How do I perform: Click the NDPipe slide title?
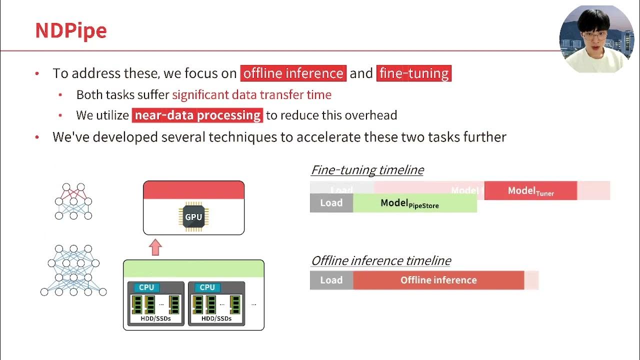tap(70, 30)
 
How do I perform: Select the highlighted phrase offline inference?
tap(293, 73)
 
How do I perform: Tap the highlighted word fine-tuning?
tap(413, 73)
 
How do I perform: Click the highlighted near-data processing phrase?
tap(197, 115)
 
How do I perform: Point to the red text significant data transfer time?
tap(251, 95)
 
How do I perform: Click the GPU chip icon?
tap(193, 217)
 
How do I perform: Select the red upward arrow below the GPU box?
tap(155, 247)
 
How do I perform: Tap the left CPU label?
tap(146, 287)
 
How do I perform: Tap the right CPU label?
tap(207, 287)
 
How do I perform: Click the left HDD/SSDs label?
tap(155, 318)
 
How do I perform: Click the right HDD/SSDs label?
tap(216, 318)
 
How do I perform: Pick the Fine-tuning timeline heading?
tap(367, 170)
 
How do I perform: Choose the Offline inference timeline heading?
tap(380, 261)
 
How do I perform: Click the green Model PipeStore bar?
tap(414, 203)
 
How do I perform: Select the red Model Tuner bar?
tap(530, 191)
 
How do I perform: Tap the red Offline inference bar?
tap(438, 280)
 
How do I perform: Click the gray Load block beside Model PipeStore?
tap(331, 203)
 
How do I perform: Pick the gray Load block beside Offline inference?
tap(331, 280)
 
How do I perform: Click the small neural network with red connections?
tap(73, 201)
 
